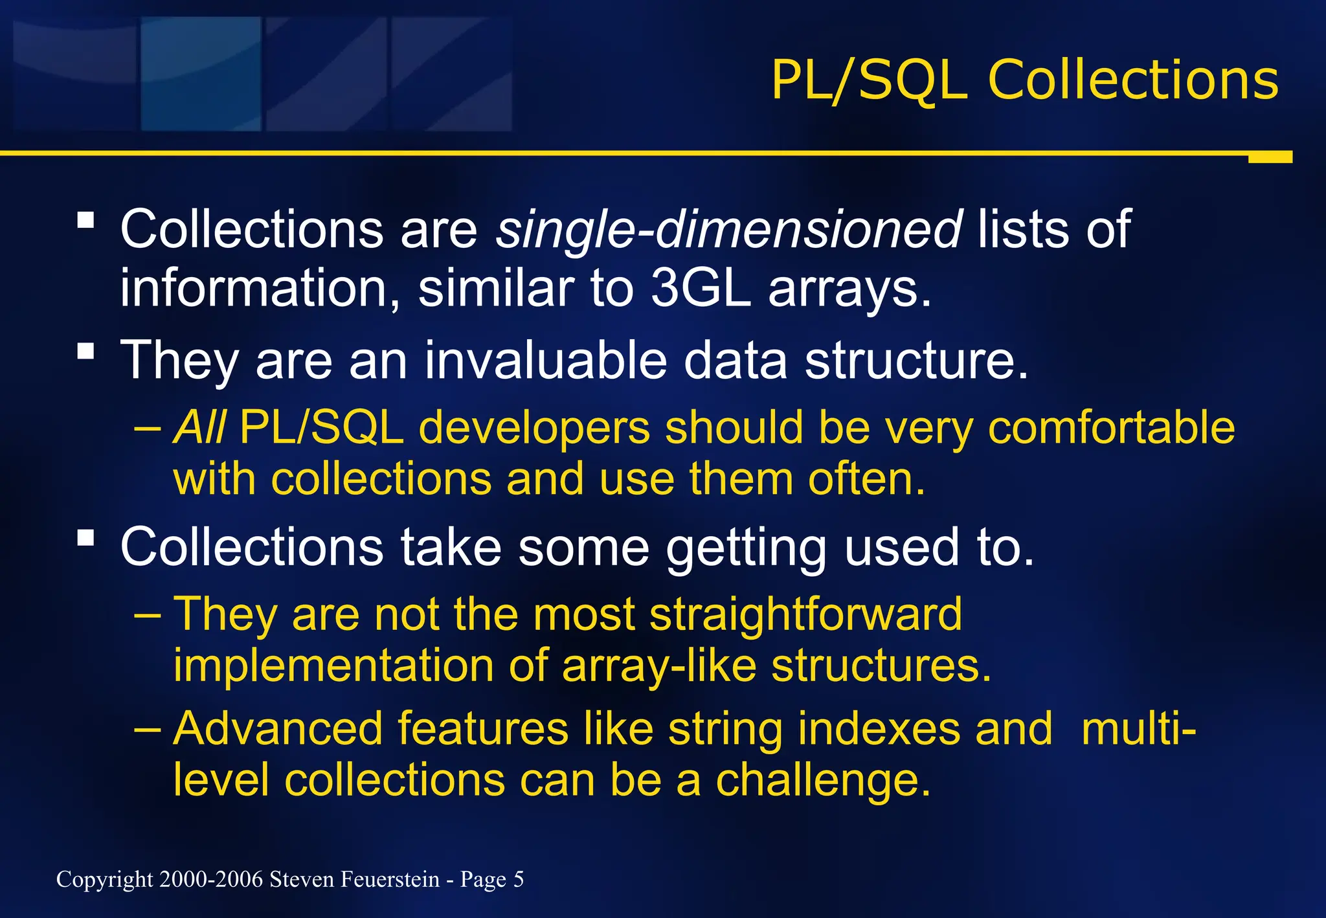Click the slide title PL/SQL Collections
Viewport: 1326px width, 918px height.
point(1024,80)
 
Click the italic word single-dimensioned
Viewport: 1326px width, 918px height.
point(729,229)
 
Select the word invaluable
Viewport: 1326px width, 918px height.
point(546,360)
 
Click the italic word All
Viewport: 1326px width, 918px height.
point(199,428)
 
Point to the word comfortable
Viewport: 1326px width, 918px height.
point(1111,428)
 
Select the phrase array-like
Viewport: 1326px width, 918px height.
point(658,666)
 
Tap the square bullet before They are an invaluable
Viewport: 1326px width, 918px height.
point(85,352)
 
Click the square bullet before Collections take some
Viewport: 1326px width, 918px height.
point(85,538)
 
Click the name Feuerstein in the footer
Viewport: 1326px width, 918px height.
point(390,880)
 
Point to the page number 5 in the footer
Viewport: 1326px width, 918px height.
point(518,880)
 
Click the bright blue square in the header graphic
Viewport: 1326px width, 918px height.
point(201,74)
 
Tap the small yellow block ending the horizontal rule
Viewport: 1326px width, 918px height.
point(1270,157)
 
